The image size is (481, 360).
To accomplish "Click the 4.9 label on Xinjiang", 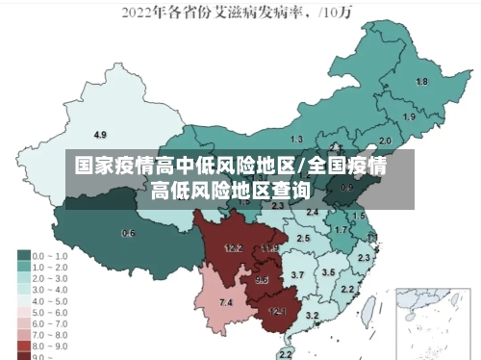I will (100, 134).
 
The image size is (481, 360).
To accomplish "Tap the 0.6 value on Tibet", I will (128, 234).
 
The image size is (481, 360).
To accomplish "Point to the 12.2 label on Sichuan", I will (233, 248).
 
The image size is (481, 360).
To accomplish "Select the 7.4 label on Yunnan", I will (226, 303).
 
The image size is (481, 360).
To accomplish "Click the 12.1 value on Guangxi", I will (277, 311).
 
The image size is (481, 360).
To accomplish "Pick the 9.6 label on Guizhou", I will (262, 280).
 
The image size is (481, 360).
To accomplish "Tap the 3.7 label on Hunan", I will (297, 275).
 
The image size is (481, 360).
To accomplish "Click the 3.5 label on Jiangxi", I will (328, 272).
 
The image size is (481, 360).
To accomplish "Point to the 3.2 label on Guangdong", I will (312, 315).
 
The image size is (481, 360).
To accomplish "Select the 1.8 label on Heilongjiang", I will (420, 82).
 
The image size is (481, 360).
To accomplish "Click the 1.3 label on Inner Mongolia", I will (296, 140).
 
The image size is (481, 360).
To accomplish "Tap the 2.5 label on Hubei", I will (303, 238).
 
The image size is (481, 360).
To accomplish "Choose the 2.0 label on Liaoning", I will (385, 141).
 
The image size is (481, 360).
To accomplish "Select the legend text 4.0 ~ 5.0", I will (50, 299).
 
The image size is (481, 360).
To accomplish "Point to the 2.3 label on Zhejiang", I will (364, 258).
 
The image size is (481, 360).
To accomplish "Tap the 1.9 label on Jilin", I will (409, 117).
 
